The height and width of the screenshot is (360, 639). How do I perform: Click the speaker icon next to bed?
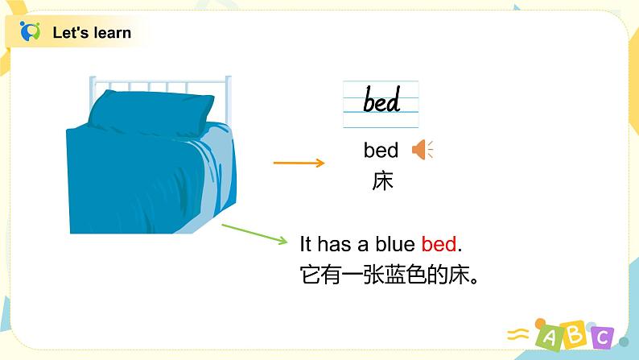click(x=422, y=150)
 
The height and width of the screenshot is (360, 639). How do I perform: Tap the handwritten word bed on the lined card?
click(x=381, y=102)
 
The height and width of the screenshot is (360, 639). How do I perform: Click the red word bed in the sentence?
click(x=439, y=243)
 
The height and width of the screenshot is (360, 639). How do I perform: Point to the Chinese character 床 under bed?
click(x=382, y=181)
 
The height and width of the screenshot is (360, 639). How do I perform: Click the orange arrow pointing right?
click(x=299, y=163)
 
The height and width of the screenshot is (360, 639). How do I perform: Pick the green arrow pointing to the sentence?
click(x=254, y=233)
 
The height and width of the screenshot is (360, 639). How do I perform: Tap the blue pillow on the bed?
click(x=146, y=114)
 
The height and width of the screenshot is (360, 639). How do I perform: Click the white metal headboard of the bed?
click(x=161, y=85)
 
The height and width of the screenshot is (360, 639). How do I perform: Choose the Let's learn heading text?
click(x=91, y=33)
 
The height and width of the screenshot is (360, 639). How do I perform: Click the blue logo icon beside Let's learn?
click(x=31, y=32)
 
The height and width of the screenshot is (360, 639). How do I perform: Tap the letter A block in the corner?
click(x=547, y=337)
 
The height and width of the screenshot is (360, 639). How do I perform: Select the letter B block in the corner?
click(x=574, y=333)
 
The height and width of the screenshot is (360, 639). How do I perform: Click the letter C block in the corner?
click(x=600, y=336)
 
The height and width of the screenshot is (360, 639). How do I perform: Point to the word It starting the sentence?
click(x=305, y=243)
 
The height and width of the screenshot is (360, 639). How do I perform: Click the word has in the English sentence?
click(x=335, y=243)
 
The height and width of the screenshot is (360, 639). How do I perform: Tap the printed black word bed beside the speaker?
click(x=381, y=151)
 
